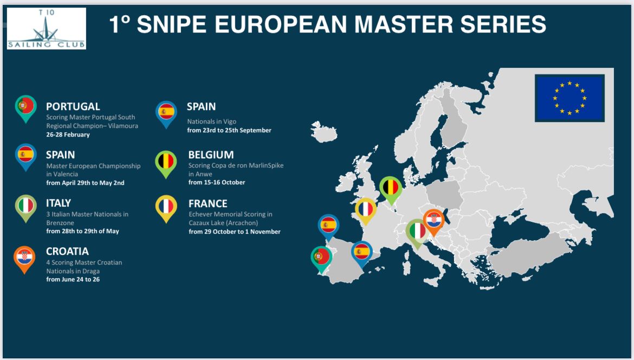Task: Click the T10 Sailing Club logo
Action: tap(47, 28)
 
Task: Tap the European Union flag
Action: tap(570, 98)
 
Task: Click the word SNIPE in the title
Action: tap(172, 24)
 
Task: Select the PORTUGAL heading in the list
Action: tap(73, 106)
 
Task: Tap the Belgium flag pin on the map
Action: tap(391, 188)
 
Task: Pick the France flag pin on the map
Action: tap(366, 209)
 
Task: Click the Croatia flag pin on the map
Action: tap(434, 220)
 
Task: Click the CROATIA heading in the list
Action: tap(67, 251)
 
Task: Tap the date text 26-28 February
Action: tap(68, 134)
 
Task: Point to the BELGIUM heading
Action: tap(211, 155)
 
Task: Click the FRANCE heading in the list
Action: tap(208, 203)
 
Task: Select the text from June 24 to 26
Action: tap(73, 280)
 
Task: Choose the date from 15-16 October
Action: tap(217, 182)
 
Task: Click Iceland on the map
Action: tap(324, 131)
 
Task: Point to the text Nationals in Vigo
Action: tap(211, 121)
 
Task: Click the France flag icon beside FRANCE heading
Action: tap(166, 207)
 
